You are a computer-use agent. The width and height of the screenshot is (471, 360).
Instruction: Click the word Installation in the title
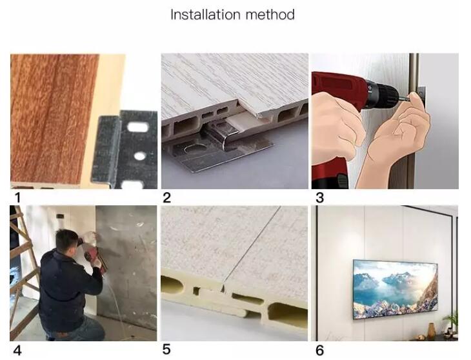205,14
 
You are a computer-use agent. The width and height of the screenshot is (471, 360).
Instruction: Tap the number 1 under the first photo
17,198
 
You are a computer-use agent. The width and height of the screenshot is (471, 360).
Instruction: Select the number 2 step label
166,198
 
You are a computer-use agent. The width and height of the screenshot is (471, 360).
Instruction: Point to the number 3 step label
319,198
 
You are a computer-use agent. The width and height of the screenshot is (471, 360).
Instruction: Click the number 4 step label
17,350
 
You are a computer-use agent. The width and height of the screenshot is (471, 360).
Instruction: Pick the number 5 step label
166,349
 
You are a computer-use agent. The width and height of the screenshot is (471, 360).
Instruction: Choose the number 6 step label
319,350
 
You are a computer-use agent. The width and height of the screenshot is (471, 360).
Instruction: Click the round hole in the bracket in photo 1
139,156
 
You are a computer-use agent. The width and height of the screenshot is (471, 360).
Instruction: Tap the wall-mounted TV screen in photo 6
395,290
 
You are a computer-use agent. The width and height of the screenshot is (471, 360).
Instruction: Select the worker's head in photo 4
66,241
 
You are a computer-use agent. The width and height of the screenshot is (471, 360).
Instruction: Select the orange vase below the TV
432,331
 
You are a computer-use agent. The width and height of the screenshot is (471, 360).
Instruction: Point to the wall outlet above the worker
61,216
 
